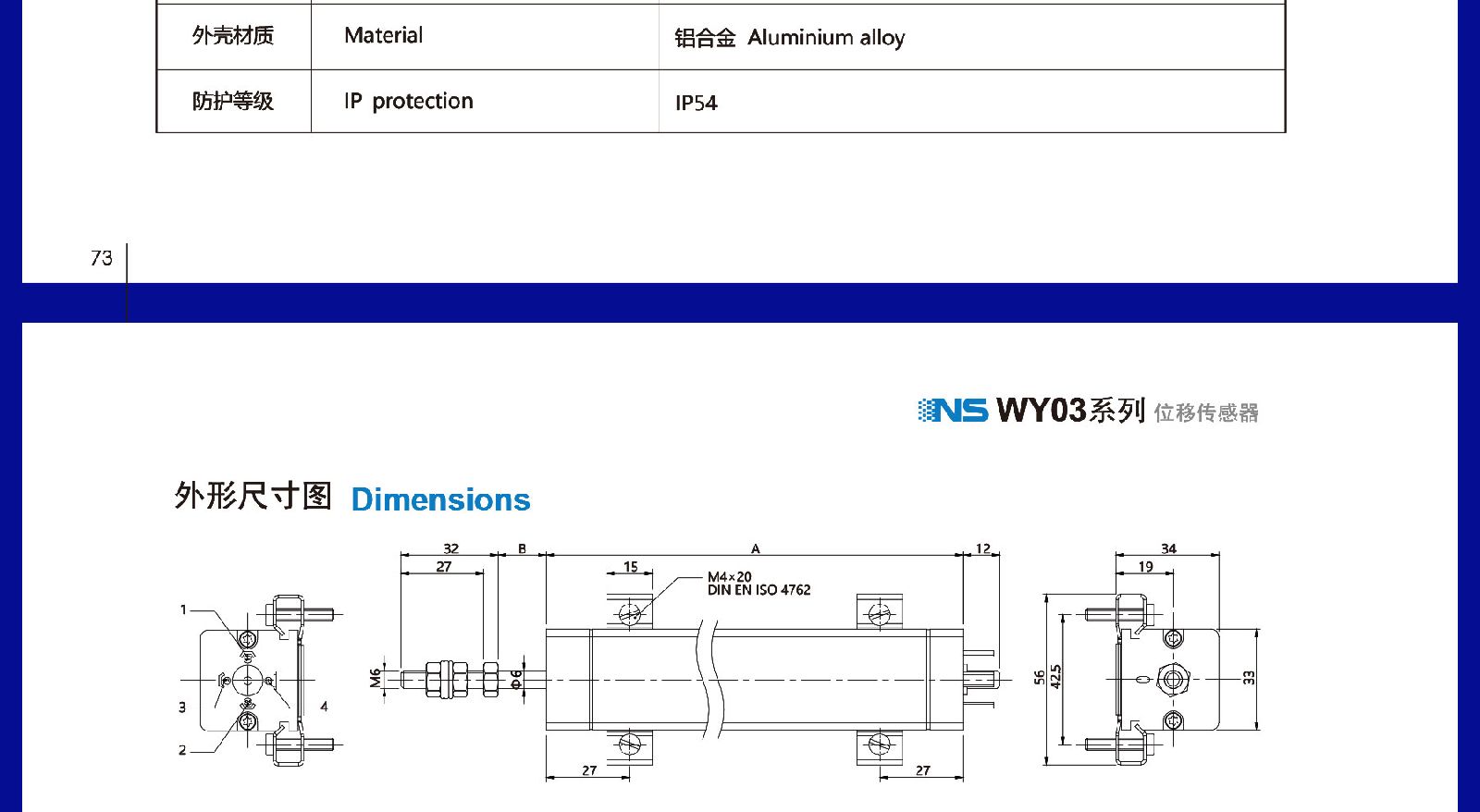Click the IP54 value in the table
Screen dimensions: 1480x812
coord(696,103)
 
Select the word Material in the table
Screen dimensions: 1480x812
coord(383,35)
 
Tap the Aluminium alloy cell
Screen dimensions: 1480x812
coord(790,38)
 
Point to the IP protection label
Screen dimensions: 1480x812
coord(408,101)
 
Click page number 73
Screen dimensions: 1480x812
coord(101,258)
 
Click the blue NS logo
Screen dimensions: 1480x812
coord(953,411)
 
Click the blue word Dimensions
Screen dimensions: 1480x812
coord(440,499)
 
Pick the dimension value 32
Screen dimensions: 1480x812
coord(450,548)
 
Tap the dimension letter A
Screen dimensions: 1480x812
coord(755,548)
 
